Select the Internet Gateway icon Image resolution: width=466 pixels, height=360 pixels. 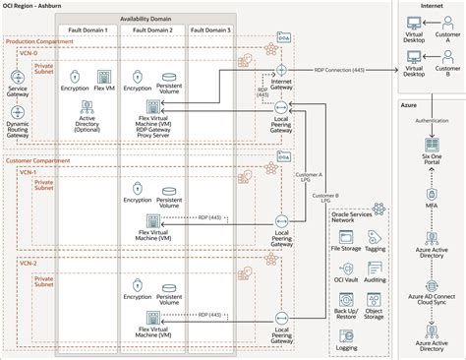pyautogui.click(x=281, y=72)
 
